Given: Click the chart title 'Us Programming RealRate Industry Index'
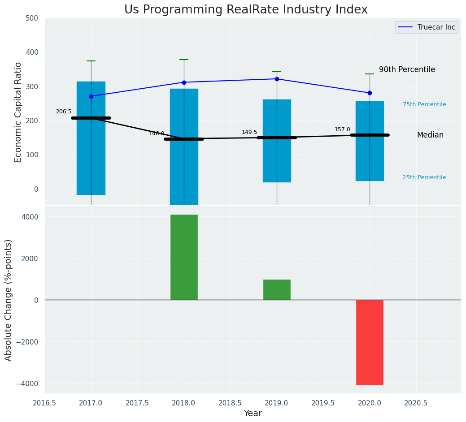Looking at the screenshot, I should pyautogui.click(x=246, y=10).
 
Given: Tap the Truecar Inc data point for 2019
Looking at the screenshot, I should pyautogui.click(x=277, y=79).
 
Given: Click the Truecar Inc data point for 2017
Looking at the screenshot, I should pyautogui.click(x=91, y=96).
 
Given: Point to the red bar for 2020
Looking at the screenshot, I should pyautogui.click(x=370, y=342).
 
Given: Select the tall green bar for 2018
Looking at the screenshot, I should pyautogui.click(x=184, y=257).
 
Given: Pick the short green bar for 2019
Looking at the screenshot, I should pyautogui.click(x=277, y=289).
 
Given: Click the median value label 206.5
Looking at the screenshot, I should pyautogui.click(x=64, y=112).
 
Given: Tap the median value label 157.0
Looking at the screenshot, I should pyautogui.click(x=342, y=129).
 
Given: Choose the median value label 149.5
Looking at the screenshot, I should pyautogui.click(x=249, y=132).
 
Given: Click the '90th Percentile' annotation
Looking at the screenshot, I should pyautogui.click(x=407, y=70).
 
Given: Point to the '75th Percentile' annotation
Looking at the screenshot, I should pyautogui.click(x=424, y=104).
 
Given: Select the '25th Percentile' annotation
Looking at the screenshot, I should pyautogui.click(x=424, y=177).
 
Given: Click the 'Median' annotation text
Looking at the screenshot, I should pyautogui.click(x=430, y=135).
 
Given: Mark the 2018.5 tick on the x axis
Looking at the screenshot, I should pyautogui.click(x=231, y=403).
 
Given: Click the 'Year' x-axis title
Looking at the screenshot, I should pyautogui.click(x=253, y=413).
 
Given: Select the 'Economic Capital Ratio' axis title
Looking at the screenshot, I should pyautogui.click(x=18, y=112).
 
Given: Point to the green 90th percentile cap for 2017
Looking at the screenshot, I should pyautogui.click(x=91, y=61).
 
